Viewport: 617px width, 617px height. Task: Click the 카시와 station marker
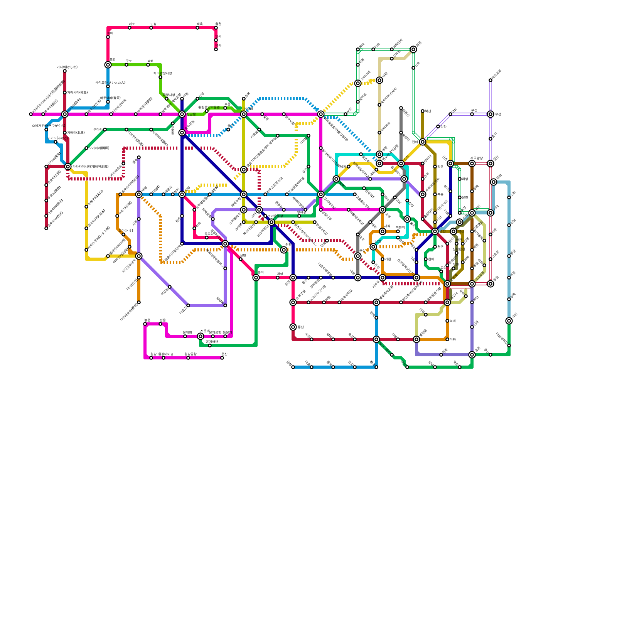(x=65, y=71)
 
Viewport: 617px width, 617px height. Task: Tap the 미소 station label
(x=132, y=24)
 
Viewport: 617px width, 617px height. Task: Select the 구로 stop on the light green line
(x=126, y=65)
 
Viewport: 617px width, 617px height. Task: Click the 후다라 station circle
(x=105, y=130)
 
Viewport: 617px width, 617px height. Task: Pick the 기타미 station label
(x=76, y=133)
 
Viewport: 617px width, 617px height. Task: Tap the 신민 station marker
(x=241, y=259)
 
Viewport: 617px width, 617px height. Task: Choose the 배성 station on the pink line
(x=278, y=278)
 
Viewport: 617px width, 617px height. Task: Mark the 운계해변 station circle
(x=210, y=346)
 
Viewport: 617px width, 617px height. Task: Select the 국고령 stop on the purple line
(x=170, y=287)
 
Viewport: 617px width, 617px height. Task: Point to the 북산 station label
(x=428, y=111)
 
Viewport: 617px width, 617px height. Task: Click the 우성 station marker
(x=472, y=114)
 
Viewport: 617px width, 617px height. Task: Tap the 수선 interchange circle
(x=491, y=114)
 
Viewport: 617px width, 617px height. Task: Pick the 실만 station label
(x=443, y=126)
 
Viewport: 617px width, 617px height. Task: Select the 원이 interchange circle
(x=423, y=142)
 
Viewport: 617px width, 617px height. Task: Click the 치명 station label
(x=465, y=179)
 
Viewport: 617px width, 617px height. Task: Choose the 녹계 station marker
(x=447, y=321)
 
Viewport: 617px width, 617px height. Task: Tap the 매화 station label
(x=453, y=339)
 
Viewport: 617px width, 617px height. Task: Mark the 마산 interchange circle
(x=509, y=321)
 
